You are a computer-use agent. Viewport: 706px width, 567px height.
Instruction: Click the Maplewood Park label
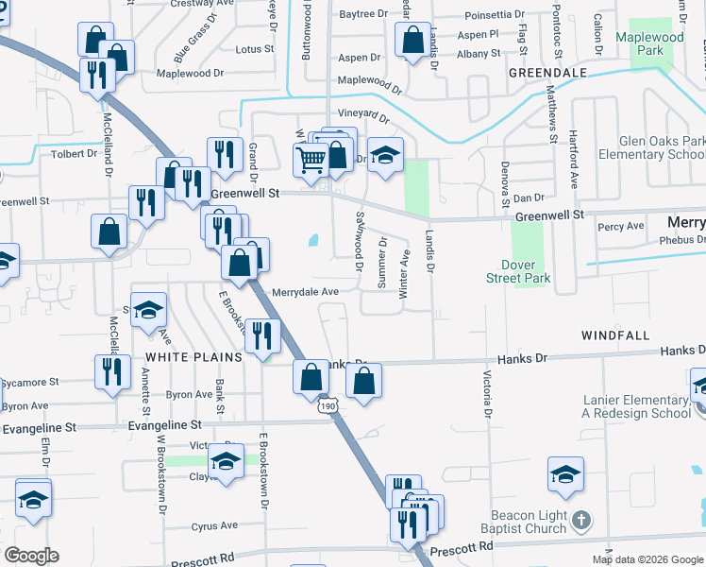[x=649, y=43]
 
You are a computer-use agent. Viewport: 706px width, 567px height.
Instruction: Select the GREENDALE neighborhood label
[x=547, y=72]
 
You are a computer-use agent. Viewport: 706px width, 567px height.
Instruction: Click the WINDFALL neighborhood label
[x=615, y=335]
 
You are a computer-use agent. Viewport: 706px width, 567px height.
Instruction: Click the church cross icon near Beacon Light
[x=582, y=520]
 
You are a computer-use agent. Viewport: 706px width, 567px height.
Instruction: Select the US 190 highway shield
[x=328, y=405]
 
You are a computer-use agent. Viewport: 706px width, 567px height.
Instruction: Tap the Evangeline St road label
[x=39, y=428]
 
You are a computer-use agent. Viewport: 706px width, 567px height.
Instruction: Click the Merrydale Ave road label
[x=305, y=293]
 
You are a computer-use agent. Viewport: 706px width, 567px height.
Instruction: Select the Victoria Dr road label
[x=488, y=394]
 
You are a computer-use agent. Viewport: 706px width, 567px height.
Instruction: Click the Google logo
[x=31, y=556]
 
